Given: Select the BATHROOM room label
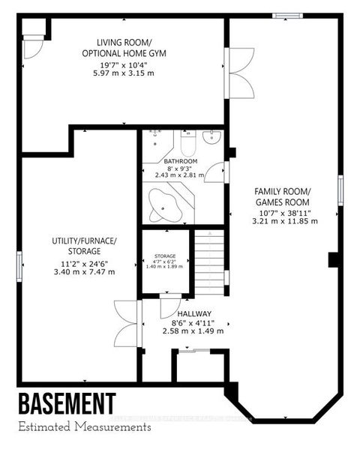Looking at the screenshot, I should (x=181, y=161).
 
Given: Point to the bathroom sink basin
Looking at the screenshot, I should (x=213, y=136).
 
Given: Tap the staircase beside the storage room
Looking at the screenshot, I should (x=209, y=262).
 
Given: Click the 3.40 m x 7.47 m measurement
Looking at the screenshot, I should (x=83, y=271).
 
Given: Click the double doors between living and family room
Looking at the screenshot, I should (x=238, y=71).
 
